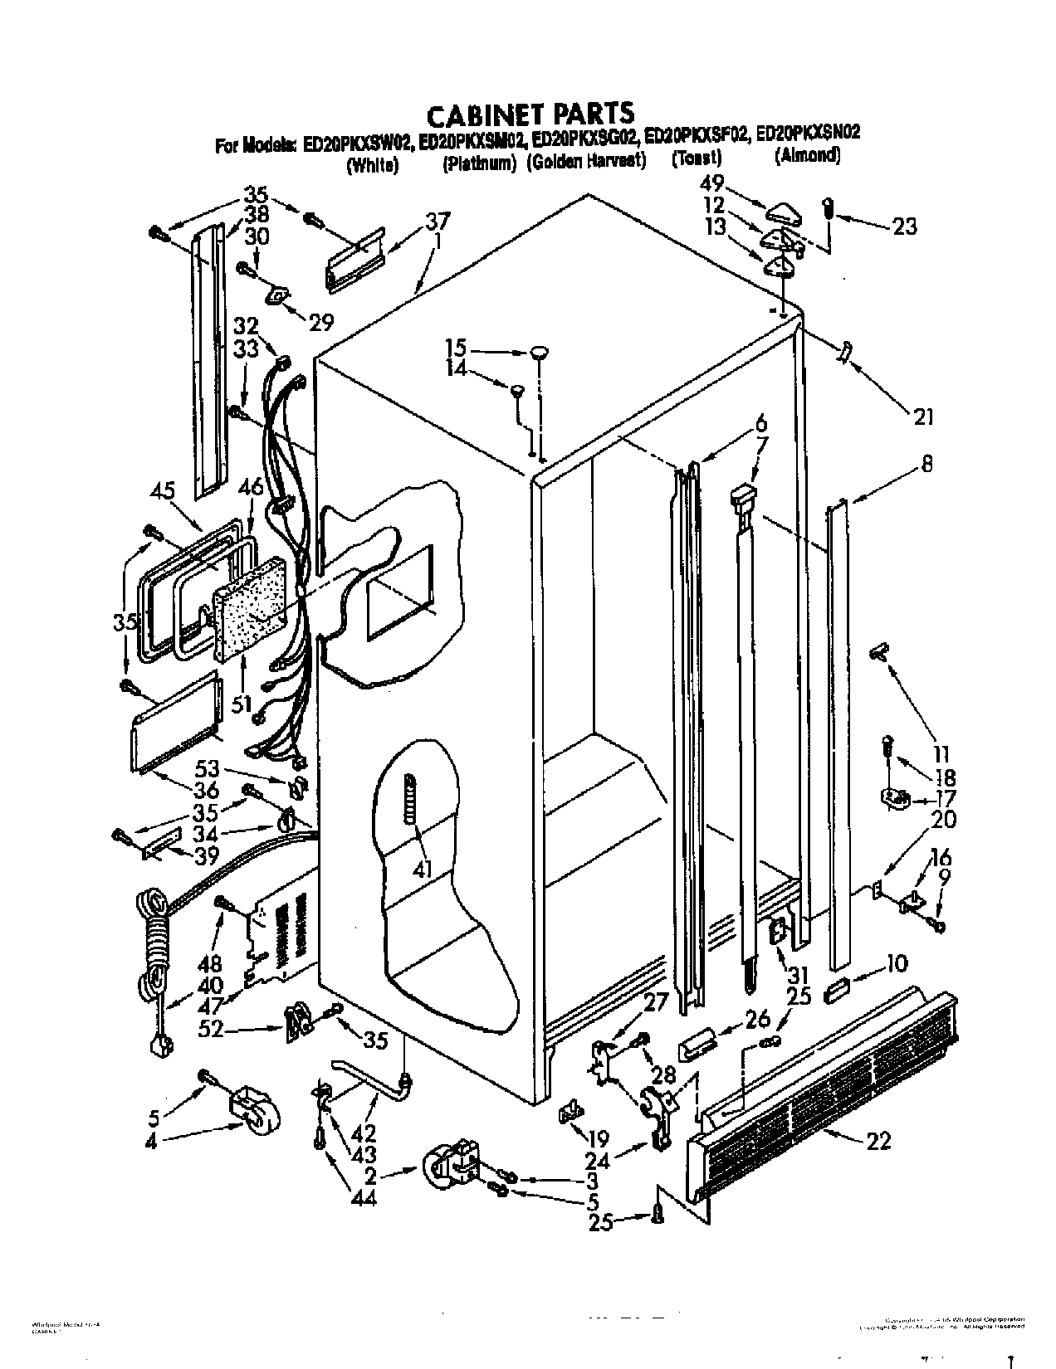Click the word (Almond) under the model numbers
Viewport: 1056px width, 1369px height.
(x=806, y=155)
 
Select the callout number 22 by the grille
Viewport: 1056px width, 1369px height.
(x=878, y=1142)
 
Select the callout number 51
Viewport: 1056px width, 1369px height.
(x=242, y=704)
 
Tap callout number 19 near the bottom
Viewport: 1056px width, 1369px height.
(x=597, y=1138)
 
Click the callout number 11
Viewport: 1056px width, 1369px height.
(x=940, y=755)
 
